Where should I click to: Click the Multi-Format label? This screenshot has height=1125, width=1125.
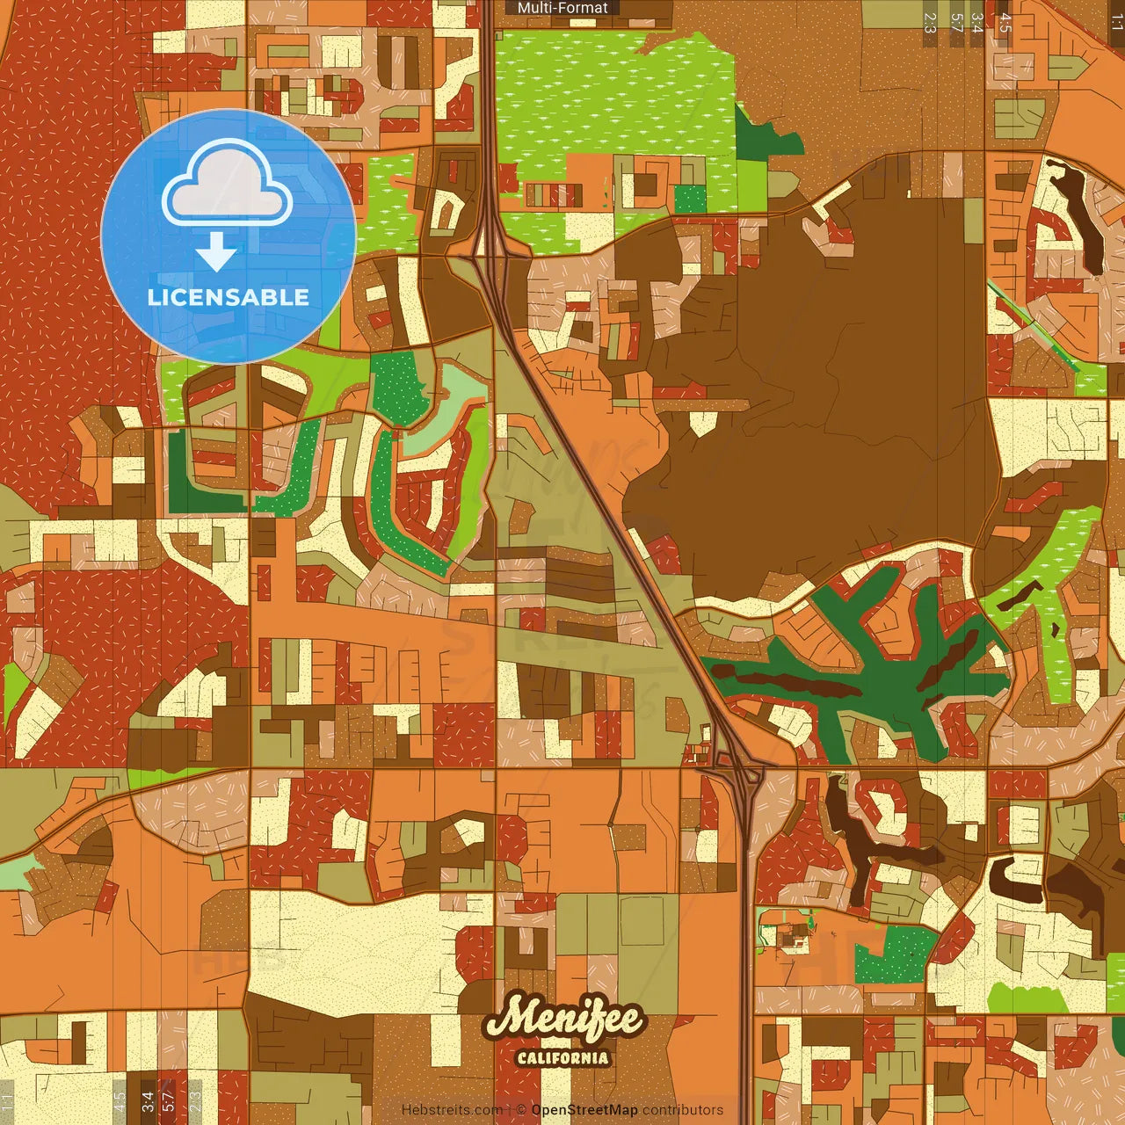pyautogui.click(x=562, y=8)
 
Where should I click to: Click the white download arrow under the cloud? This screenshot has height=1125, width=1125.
pyautogui.click(x=216, y=253)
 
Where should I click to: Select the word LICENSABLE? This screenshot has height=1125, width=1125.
pyautogui.click(x=229, y=297)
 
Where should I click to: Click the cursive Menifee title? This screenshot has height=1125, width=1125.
pyautogui.click(x=565, y=1020)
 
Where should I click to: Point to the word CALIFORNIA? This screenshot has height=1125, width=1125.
pyautogui.click(x=563, y=1057)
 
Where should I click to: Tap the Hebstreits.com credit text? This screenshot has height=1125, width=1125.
pyautogui.click(x=452, y=1110)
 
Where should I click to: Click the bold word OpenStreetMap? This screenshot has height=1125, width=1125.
pyautogui.click(x=584, y=1110)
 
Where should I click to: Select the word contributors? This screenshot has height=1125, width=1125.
pyautogui.click(x=683, y=1110)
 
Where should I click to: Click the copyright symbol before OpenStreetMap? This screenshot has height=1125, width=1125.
pyautogui.click(x=521, y=1110)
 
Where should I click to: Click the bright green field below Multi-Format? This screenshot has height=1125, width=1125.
pyautogui.click(x=606, y=97)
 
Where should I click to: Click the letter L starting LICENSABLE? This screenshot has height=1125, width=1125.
pyautogui.click(x=153, y=297)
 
